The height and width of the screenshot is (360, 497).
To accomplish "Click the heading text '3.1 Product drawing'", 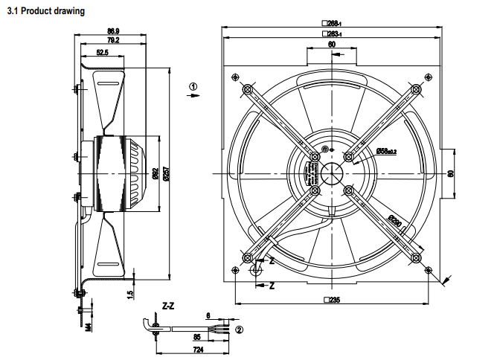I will coord(45,12).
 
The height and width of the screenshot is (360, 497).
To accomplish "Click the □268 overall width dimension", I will coord(331,24).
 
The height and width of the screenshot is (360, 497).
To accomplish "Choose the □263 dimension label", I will coord(331,34).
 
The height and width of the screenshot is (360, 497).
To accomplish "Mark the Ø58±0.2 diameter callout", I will coord(385,151).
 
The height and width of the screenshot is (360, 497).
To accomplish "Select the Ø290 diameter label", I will coord(395,222).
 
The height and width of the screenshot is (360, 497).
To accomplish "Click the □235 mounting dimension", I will coord(331,300).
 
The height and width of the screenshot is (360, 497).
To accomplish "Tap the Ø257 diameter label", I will coord(165,173).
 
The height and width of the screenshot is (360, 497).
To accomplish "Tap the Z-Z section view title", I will coord(168,306).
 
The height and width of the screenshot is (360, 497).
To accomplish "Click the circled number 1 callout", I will coord(194,87).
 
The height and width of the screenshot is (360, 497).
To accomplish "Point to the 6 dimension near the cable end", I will coord(209,315).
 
